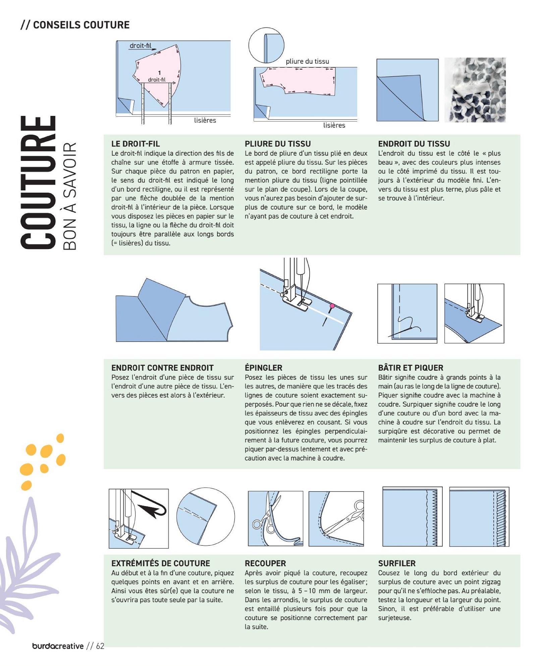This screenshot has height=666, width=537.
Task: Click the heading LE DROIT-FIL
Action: (x=136, y=144)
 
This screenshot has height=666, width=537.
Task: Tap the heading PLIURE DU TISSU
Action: (x=278, y=144)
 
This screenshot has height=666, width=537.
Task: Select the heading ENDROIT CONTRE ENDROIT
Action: (x=162, y=368)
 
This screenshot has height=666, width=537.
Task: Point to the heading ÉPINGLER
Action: (x=264, y=367)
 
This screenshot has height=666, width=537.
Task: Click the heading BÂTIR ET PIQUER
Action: (x=411, y=367)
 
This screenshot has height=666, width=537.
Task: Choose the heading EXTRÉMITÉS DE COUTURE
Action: (x=161, y=563)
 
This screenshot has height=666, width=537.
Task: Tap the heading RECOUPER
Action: (x=265, y=563)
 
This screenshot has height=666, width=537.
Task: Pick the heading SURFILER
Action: (x=397, y=563)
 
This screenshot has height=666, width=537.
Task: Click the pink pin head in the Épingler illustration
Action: (x=332, y=306)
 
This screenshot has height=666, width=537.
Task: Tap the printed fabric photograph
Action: (x=475, y=90)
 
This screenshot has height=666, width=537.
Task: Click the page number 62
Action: (x=100, y=646)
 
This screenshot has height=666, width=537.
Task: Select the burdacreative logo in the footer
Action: (x=58, y=646)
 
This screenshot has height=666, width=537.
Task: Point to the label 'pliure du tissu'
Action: (x=307, y=61)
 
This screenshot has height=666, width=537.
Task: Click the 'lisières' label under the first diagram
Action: (x=205, y=120)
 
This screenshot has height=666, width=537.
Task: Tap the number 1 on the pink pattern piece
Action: (x=159, y=73)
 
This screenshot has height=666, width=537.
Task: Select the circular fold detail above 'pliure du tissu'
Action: (x=266, y=45)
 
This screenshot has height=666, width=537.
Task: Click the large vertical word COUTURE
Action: (x=38, y=182)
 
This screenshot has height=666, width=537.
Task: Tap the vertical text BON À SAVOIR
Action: (x=69, y=196)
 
